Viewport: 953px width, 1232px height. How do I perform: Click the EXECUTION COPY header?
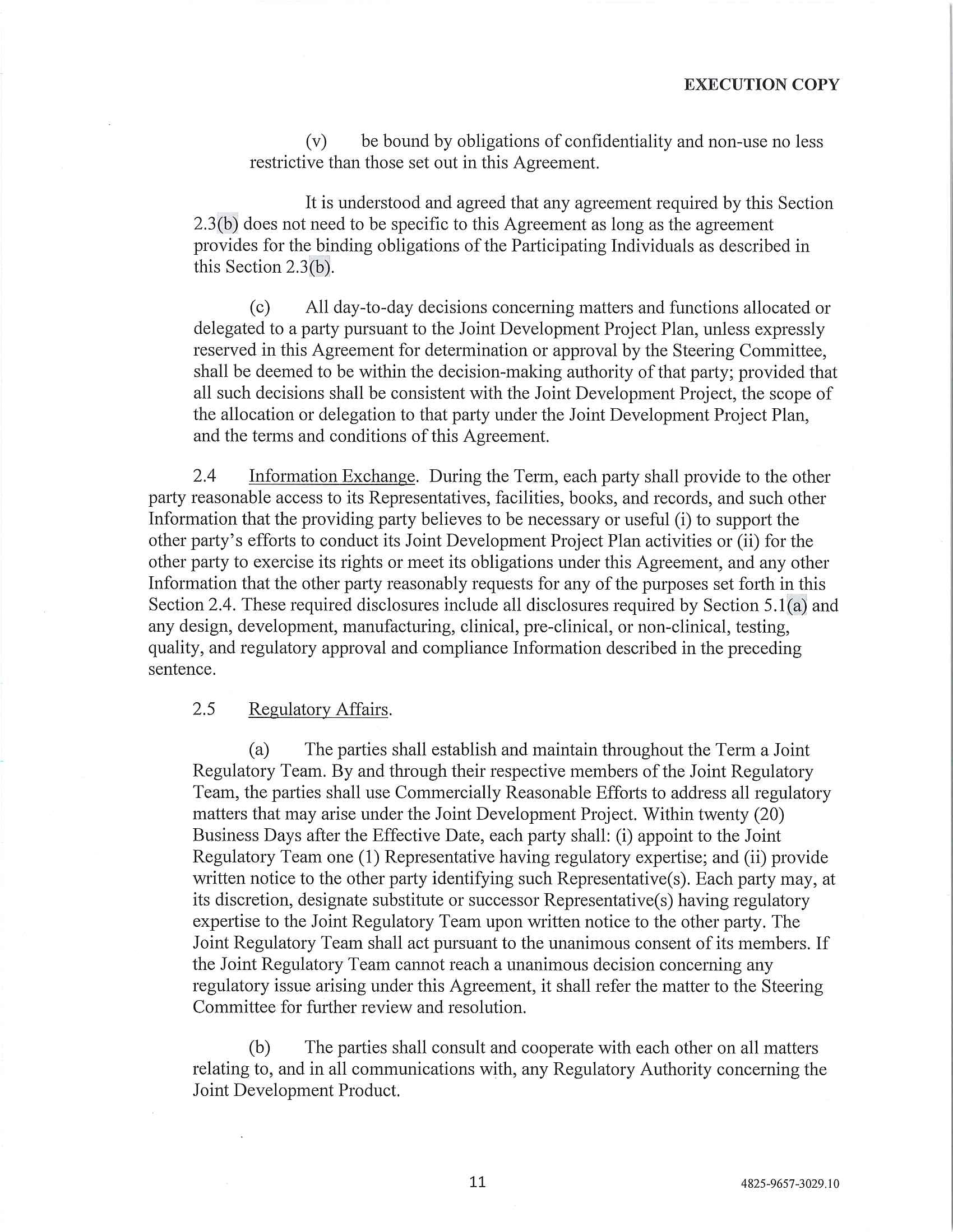coord(761,85)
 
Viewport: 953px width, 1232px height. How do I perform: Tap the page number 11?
coord(477,1181)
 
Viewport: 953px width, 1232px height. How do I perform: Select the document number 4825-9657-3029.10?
coord(789,1183)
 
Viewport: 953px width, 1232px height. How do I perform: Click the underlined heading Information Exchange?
coord(331,477)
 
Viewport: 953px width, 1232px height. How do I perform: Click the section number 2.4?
coord(205,477)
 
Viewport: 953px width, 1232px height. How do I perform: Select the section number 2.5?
coord(204,709)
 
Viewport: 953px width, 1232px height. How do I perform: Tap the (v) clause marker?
coord(316,142)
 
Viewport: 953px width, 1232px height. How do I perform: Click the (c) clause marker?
coord(260,308)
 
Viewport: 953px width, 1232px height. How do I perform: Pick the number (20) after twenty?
coord(767,814)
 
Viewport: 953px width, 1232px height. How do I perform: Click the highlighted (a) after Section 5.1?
coord(797,605)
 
